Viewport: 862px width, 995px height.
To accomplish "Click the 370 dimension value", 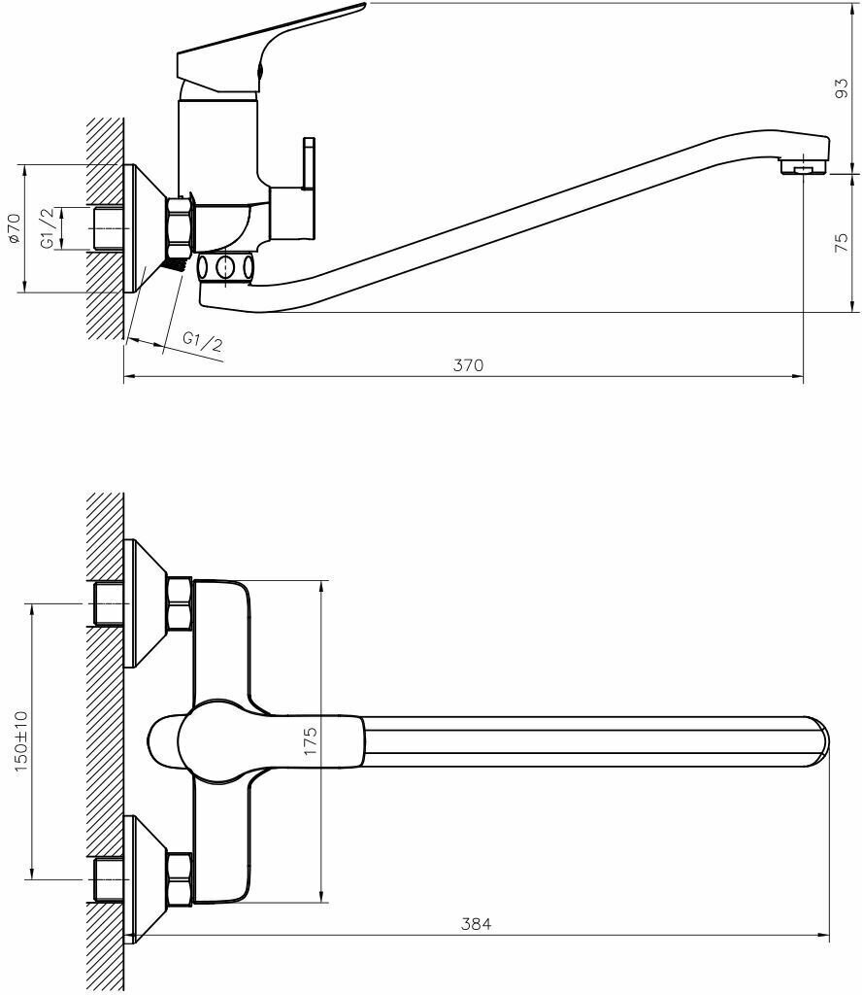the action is pos(468,365).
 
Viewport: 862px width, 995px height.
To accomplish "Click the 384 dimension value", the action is pos(476,925).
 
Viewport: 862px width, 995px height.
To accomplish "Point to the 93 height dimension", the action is pos(842,88).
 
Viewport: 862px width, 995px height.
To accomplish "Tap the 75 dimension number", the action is pos(842,243).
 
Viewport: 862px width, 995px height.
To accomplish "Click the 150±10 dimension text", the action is pos(21,740).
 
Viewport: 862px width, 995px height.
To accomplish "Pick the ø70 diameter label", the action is pos(13,228).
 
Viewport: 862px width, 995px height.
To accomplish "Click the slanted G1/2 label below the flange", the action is pos(202,341).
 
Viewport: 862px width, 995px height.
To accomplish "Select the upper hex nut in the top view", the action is pos(180,603).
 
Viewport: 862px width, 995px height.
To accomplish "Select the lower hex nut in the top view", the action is pos(180,878).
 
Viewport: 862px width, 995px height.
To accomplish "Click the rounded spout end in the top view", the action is pos(818,741).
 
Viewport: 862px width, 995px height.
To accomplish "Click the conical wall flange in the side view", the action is pos(147,229).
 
